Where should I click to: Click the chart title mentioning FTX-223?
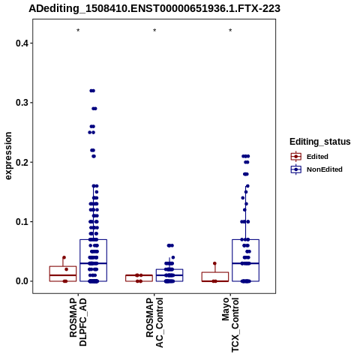tap(154, 8)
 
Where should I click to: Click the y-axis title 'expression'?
tap(8, 156)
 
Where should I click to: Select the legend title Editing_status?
tap(319, 142)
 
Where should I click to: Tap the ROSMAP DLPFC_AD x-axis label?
tap(78, 322)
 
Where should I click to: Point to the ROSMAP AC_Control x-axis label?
tap(154, 322)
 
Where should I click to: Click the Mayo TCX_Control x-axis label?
tap(230, 325)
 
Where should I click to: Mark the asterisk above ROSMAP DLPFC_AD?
tap(78, 31)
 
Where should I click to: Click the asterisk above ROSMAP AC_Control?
tap(154, 31)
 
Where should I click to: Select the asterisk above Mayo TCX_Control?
tap(230, 31)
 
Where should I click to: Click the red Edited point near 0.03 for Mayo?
tap(214, 263)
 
